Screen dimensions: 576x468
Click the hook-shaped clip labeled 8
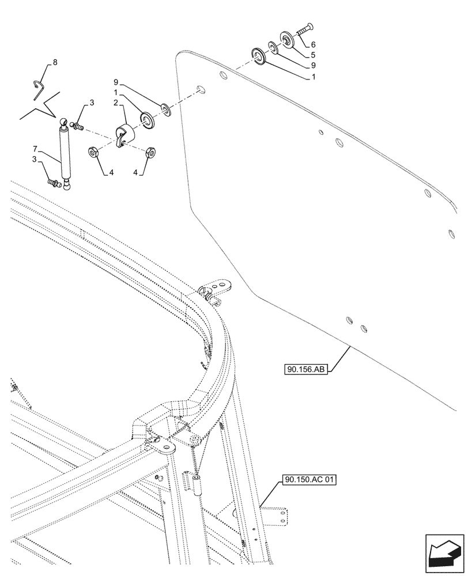coord(39,84)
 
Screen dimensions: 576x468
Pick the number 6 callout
coord(313,44)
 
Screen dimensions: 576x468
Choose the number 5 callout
coord(312,55)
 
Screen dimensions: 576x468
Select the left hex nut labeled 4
coord(92,153)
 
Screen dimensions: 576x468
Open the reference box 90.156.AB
coord(305,369)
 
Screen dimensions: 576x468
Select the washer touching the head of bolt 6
coord(286,38)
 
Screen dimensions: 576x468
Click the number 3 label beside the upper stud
coord(91,104)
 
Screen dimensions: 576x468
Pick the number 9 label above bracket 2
coord(116,82)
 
